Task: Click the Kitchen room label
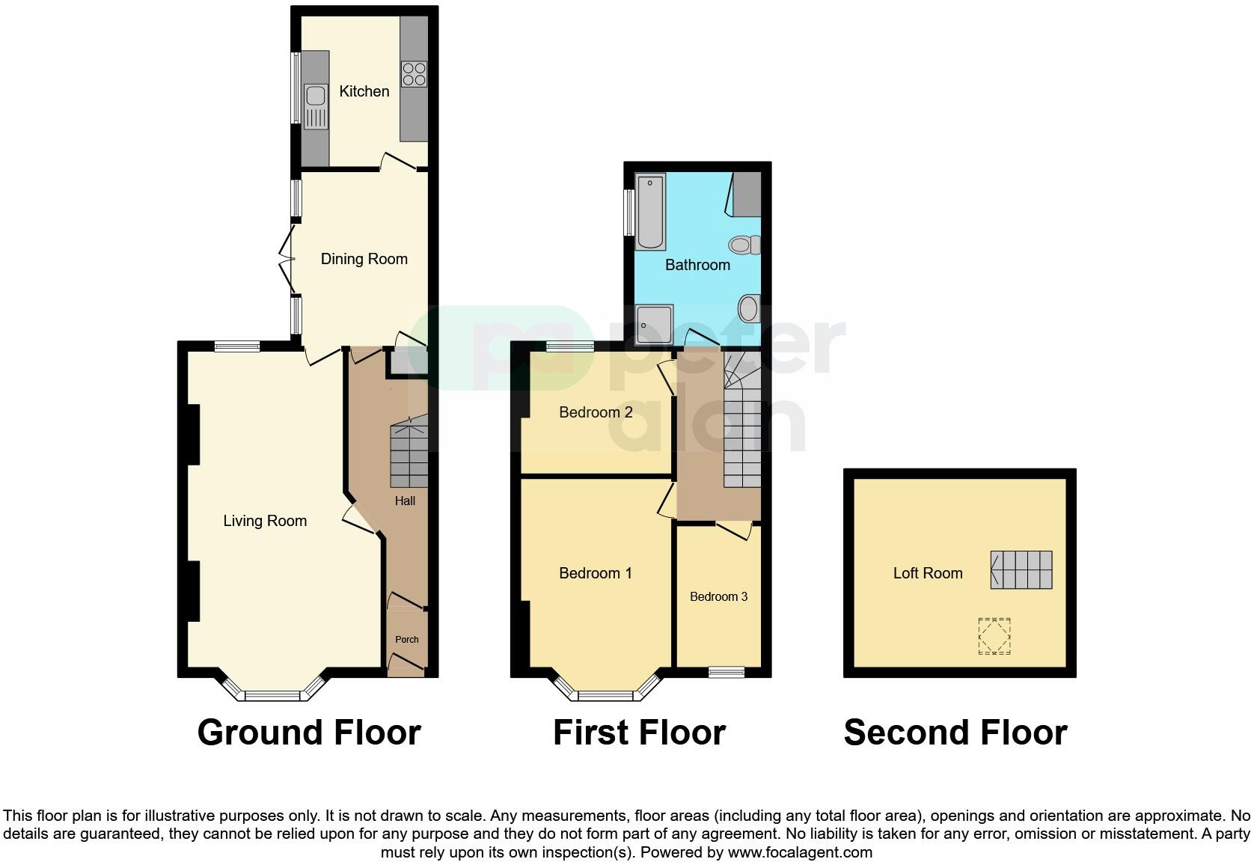tap(364, 91)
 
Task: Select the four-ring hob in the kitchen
tap(414, 73)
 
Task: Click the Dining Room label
tap(364, 259)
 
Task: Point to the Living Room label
tap(265, 521)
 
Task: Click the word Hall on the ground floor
tap(405, 501)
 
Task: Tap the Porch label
tap(407, 639)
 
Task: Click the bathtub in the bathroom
tap(650, 212)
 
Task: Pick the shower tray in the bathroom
tap(654, 324)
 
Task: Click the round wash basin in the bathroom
tap(749, 308)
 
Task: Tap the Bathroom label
tap(697, 265)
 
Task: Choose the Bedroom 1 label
tap(596, 573)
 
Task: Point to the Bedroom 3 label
tap(718, 596)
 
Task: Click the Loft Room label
tap(928, 573)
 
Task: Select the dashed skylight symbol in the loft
tap(994, 636)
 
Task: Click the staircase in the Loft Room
tap(1021, 569)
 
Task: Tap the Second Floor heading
tap(955, 733)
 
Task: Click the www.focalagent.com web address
tap(800, 852)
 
